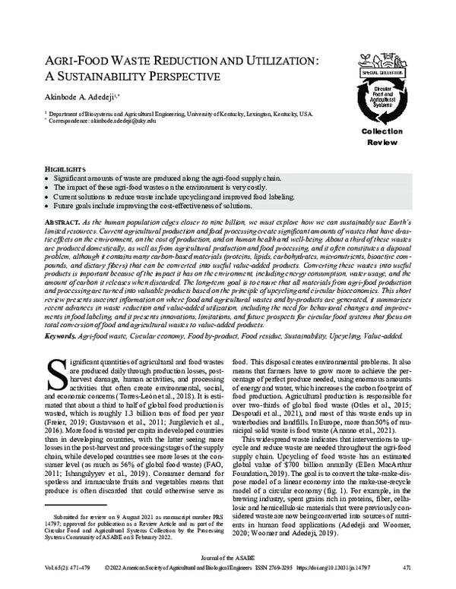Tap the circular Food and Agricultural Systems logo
(373, 102)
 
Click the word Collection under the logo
(372, 131)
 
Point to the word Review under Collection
(372, 141)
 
